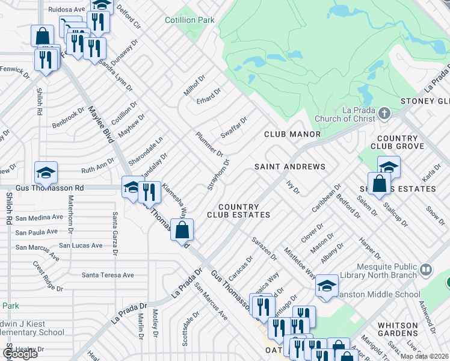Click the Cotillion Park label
[x=190, y=20]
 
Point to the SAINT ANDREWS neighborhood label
[x=289, y=167]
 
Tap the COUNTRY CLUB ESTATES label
[x=238, y=211]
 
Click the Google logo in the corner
[x=20, y=354]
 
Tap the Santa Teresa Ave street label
[x=108, y=275]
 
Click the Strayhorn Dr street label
[x=218, y=174]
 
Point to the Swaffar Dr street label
[x=234, y=128]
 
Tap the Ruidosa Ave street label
[x=66, y=10]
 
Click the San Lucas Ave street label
[x=80, y=245]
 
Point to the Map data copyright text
[x=425, y=356]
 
